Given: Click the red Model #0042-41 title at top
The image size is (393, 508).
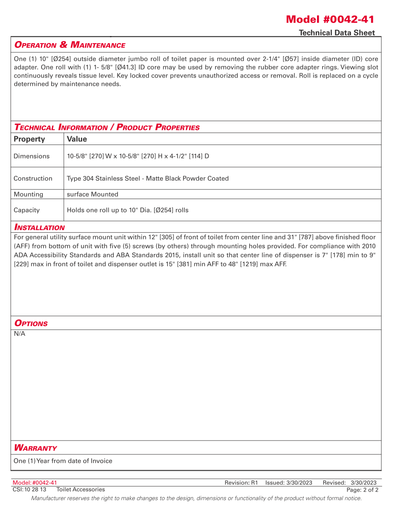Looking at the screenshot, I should click(330, 19).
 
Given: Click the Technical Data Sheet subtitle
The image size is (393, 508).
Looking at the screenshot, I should click(337, 33).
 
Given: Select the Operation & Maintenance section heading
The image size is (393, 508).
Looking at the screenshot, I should click(70, 45).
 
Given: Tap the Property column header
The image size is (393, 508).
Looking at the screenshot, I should click(29, 139).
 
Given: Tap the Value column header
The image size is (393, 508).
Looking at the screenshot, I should click(77, 139).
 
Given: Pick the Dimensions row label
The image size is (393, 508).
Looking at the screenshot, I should click(31, 156).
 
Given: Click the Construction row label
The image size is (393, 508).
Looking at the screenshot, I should click(33, 179).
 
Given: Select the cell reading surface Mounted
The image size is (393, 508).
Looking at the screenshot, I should click(92, 194).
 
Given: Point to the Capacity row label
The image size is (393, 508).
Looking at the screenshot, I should click(26, 210).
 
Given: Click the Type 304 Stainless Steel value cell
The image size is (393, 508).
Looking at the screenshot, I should click(147, 179).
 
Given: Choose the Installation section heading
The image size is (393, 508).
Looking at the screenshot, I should click(39, 228).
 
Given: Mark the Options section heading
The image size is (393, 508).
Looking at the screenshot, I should click(31, 324).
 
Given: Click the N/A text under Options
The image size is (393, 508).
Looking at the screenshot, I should click(19, 334).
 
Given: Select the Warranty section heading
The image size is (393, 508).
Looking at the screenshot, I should click(35, 448).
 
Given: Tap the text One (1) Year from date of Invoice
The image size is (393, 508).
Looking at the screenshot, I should click(63, 461).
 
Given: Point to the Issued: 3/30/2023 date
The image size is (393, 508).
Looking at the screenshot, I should click(289, 483).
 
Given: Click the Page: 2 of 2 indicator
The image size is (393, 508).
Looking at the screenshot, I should click(362, 490).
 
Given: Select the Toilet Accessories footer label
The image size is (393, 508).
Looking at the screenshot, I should click(81, 490).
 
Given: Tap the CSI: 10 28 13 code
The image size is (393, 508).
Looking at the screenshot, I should click(29, 490).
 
